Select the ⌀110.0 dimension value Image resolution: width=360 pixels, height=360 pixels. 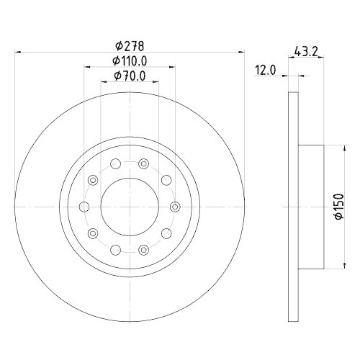[x=130, y=60]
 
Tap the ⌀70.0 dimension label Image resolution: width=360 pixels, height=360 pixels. [x=130, y=76]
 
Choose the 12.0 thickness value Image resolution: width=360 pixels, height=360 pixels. [x=266, y=70]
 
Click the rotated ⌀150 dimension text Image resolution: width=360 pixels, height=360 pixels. [x=336, y=207]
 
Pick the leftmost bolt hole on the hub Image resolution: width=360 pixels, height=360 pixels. [x=84, y=207]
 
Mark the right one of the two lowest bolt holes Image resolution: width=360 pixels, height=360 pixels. [x=143, y=249]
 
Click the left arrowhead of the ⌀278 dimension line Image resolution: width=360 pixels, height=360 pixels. [x=19, y=52]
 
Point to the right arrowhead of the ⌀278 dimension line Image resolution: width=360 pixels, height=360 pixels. [x=238, y=52]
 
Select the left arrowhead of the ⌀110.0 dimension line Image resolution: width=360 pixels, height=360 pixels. [x=87, y=67]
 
